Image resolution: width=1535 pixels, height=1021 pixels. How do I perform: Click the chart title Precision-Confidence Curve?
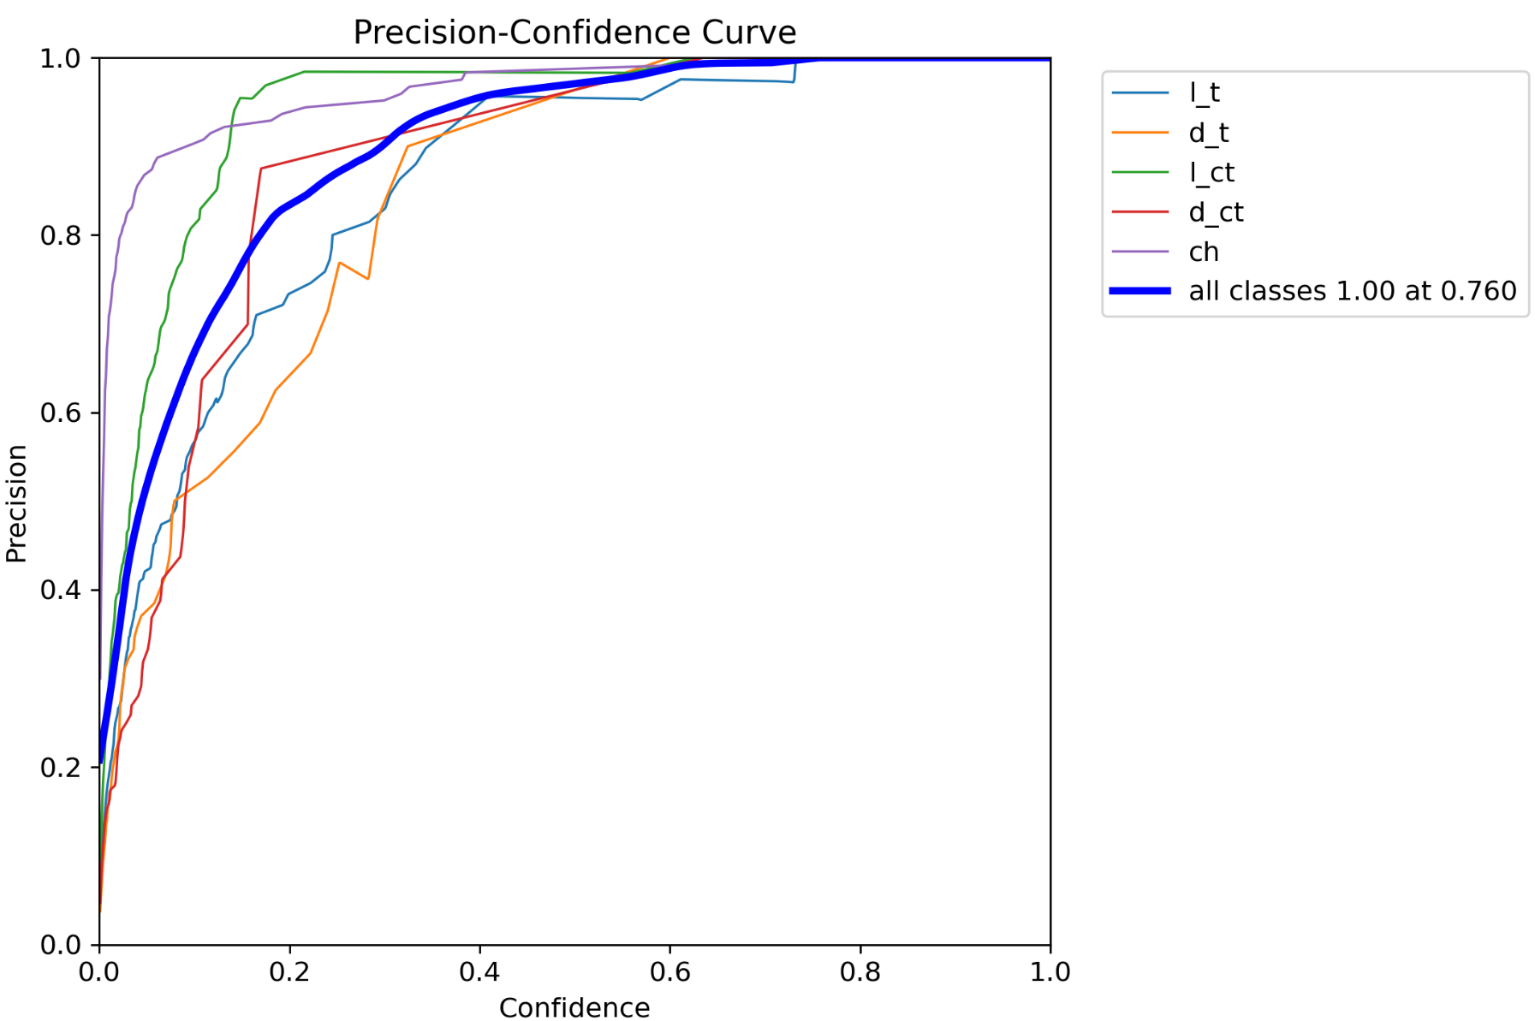574,33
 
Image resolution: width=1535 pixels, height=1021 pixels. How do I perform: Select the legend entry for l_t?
1204,92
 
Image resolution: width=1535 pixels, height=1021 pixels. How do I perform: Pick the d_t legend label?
1208,133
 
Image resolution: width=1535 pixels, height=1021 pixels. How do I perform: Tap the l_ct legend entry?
1211,172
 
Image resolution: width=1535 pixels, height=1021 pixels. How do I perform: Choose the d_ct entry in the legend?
1216,212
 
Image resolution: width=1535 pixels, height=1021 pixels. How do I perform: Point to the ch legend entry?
1203,252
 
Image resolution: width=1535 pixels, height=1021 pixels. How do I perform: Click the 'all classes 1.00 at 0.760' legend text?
1352,291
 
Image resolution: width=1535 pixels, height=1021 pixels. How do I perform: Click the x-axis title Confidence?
574,1007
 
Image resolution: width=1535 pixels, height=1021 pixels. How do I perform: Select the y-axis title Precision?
17,503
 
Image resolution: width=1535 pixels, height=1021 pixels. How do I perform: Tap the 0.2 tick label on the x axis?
289,972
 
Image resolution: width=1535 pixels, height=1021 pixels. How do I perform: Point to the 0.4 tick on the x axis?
479,972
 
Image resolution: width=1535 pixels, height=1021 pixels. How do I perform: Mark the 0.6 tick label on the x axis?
669,972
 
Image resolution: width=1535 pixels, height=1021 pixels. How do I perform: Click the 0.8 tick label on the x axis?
860,972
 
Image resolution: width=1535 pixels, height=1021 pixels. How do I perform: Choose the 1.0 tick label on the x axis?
1050,972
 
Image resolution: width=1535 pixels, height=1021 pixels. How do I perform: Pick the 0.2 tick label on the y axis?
60,768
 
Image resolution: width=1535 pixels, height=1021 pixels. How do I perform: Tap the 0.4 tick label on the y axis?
60,591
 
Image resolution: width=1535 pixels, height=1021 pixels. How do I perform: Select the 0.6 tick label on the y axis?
60,413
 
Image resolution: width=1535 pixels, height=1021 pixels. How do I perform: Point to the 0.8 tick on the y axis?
60,235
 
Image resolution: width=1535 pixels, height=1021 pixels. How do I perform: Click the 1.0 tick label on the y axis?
60,58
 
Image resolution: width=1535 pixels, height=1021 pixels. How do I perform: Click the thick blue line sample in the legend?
1139,291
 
